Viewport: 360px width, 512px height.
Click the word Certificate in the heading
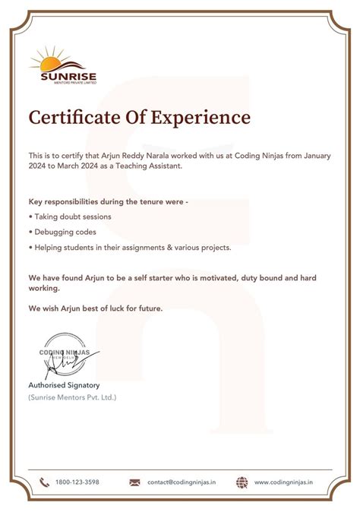pyautogui.click(x=74, y=118)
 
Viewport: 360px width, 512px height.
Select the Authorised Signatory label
pyautogui.click(x=64, y=385)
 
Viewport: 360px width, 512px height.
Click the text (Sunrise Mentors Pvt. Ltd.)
pyautogui.click(x=72, y=397)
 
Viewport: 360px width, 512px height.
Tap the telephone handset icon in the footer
pyautogui.click(x=44, y=482)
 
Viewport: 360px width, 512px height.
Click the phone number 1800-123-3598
pyautogui.click(x=77, y=482)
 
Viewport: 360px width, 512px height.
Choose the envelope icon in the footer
pyautogui.click(x=134, y=482)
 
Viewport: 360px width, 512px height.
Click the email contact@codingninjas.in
pyautogui.click(x=182, y=482)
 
